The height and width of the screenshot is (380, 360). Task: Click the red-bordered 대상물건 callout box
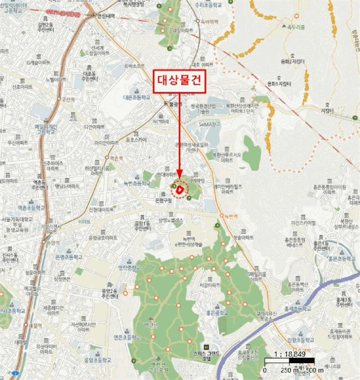[x=179, y=78]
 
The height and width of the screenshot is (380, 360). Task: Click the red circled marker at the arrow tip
[x=179, y=189]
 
